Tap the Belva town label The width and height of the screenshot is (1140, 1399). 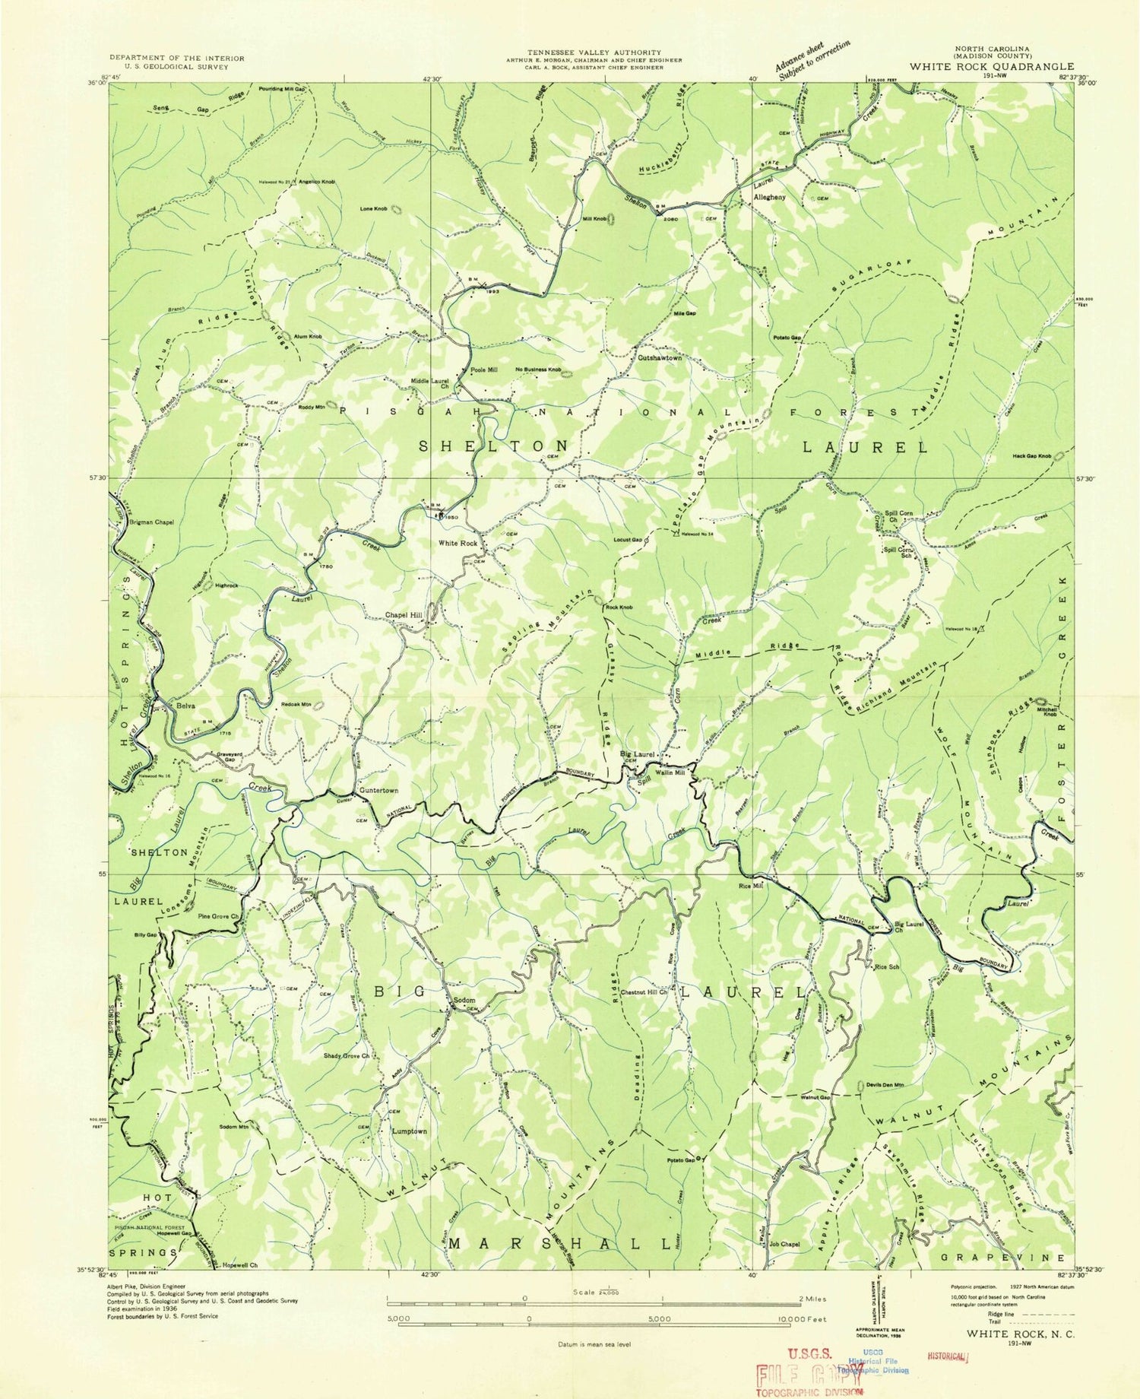pos(185,706)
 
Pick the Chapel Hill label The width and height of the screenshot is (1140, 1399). pos(403,615)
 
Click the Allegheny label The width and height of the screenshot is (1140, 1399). pos(768,197)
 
